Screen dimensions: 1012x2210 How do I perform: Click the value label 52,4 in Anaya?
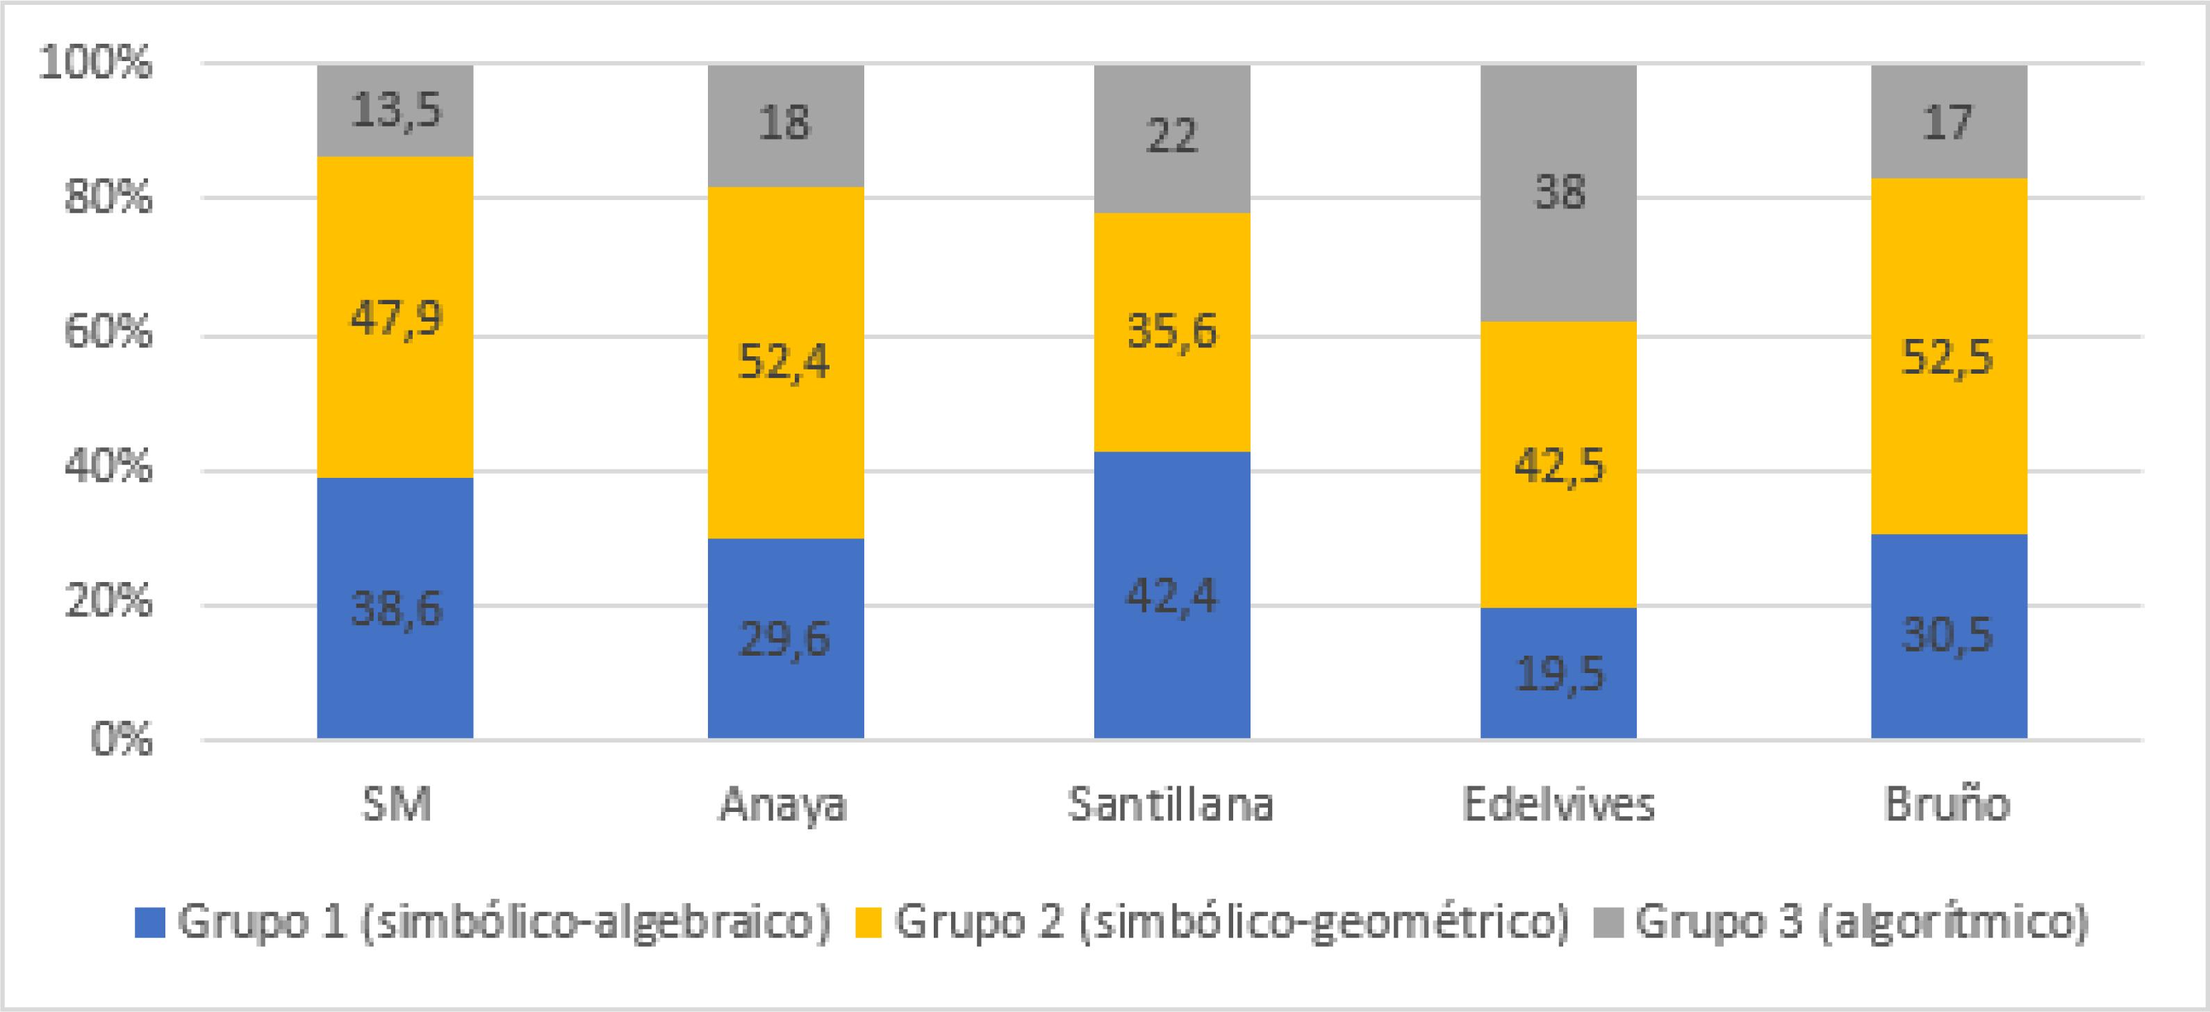coord(784,362)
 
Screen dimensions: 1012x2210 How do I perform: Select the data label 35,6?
coord(1171,331)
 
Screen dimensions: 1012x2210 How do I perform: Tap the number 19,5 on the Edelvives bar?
coord(1559,675)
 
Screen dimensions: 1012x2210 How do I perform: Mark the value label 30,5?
coord(1947,636)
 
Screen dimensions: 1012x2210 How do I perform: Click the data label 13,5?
coord(395,110)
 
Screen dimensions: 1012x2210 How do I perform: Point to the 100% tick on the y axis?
coord(95,63)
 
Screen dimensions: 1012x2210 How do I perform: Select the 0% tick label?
coord(121,738)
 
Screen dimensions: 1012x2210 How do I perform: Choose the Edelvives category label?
coord(1558,804)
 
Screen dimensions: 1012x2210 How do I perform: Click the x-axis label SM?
coord(395,804)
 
